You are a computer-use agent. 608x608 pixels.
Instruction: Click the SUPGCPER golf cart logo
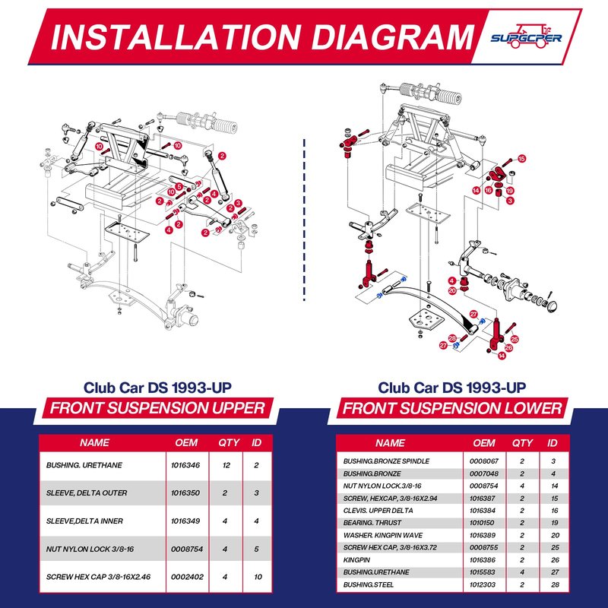(x=526, y=36)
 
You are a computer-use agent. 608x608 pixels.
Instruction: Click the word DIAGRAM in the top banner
(x=393, y=37)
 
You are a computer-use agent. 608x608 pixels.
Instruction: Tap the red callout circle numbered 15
(x=521, y=159)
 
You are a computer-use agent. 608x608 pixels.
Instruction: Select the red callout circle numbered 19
(x=510, y=191)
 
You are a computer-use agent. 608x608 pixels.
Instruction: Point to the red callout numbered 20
(x=452, y=290)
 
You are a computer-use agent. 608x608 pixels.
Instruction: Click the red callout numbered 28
(x=452, y=338)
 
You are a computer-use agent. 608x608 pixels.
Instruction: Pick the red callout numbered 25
(x=515, y=339)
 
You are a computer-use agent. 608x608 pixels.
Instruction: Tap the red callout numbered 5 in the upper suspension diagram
(x=179, y=186)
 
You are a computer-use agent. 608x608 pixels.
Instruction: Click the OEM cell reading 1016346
(x=185, y=465)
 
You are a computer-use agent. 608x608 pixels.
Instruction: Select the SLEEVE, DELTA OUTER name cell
(x=87, y=492)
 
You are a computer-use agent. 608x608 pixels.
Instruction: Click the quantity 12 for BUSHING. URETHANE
(x=226, y=465)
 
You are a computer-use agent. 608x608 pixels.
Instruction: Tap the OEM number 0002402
(x=187, y=577)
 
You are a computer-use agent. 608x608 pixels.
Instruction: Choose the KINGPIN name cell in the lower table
(x=356, y=560)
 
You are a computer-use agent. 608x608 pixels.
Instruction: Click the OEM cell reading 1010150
(x=482, y=523)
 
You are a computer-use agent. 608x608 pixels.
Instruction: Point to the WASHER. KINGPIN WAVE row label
(x=383, y=535)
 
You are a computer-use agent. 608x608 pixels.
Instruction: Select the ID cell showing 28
(x=555, y=584)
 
